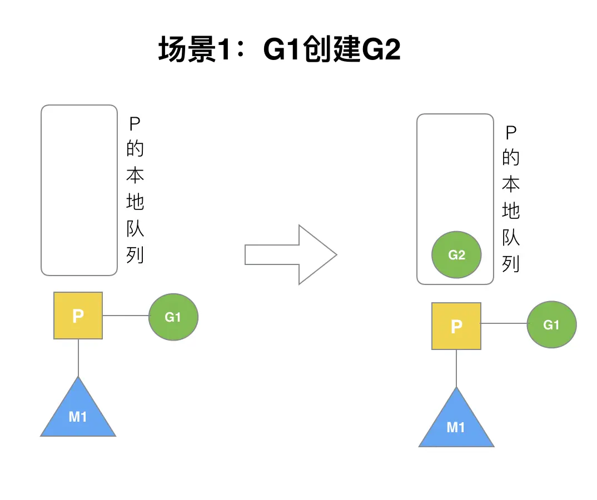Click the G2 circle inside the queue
pyautogui.click(x=456, y=255)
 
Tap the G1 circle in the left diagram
pyautogui.click(x=173, y=317)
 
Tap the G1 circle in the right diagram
pyautogui.click(x=551, y=325)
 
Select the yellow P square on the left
pyautogui.click(x=78, y=316)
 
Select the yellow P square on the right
pyautogui.click(x=456, y=326)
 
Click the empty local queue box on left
pyautogui.click(x=79, y=190)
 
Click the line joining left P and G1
pyautogui.click(x=126, y=316)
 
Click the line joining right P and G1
pyautogui.click(x=504, y=323)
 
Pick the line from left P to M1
pyautogui.click(x=78, y=358)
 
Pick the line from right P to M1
pyautogui.click(x=456, y=368)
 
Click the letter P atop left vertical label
pyautogui.click(x=135, y=123)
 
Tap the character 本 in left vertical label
pyautogui.click(x=135, y=175)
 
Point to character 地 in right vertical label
pyautogui.click(x=510, y=211)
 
